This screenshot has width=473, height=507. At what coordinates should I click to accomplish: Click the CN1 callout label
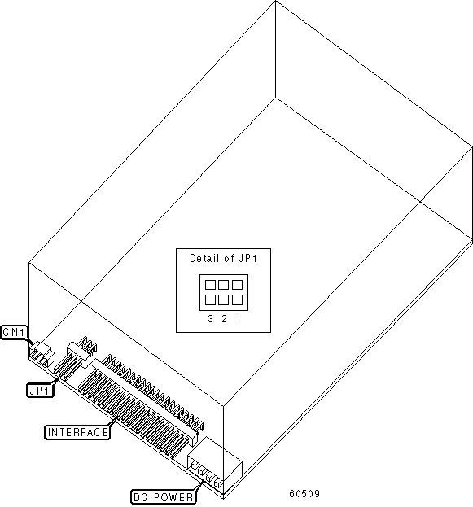coord(15,332)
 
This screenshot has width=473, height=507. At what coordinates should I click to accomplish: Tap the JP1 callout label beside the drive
coord(40,391)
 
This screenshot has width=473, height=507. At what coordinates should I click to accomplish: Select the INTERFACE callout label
coord(77,432)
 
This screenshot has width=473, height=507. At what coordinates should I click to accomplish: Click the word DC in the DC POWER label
coord(141,497)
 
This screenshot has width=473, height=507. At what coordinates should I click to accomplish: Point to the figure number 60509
coord(304,494)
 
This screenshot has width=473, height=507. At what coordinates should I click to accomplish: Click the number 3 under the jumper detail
coord(210,319)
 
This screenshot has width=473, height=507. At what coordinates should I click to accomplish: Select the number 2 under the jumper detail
coord(224,319)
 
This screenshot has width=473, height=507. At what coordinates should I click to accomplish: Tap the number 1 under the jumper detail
coord(238,319)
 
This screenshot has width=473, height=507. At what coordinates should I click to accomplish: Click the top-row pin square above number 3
coord(210,285)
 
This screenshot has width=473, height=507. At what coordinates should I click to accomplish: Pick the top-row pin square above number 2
coord(224,285)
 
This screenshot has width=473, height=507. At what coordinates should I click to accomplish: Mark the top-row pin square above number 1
coord(237,285)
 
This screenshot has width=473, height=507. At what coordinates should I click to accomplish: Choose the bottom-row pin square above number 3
coord(210,299)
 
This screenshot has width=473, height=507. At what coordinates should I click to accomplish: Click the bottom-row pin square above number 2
coord(224,299)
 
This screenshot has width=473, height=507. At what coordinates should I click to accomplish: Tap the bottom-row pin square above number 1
coord(237,299)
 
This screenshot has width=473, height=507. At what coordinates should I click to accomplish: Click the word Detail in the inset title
coord(202,258)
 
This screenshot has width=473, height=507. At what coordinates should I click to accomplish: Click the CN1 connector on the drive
coord(42,353)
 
